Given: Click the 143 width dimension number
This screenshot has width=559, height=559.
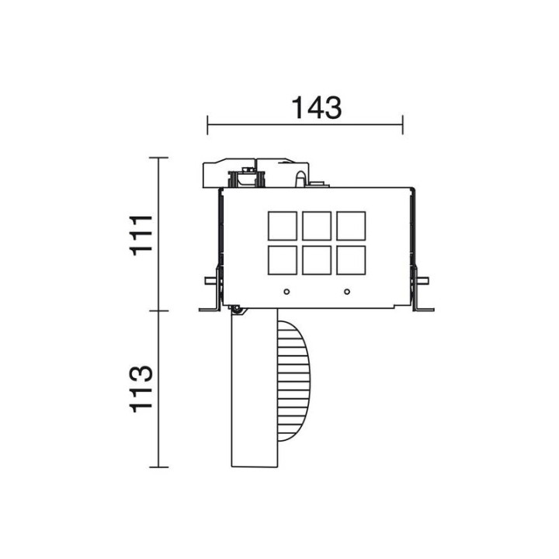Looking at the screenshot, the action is [317, 108].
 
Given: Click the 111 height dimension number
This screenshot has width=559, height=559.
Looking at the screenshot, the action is [141, 235].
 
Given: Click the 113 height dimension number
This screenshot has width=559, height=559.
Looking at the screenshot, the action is [141, 389].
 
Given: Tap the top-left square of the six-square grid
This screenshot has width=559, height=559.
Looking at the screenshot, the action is [283, 226].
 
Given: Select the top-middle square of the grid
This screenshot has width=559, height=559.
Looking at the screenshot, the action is [317, 226].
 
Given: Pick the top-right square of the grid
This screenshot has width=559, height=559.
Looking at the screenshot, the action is [351, 226].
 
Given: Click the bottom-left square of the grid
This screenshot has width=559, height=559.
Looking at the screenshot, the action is [283, 260].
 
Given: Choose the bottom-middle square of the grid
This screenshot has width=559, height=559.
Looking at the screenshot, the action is [317, 260].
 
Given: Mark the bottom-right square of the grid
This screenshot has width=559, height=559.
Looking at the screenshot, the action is [351, 260].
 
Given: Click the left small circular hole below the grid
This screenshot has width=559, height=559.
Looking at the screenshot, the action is [286, 292].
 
